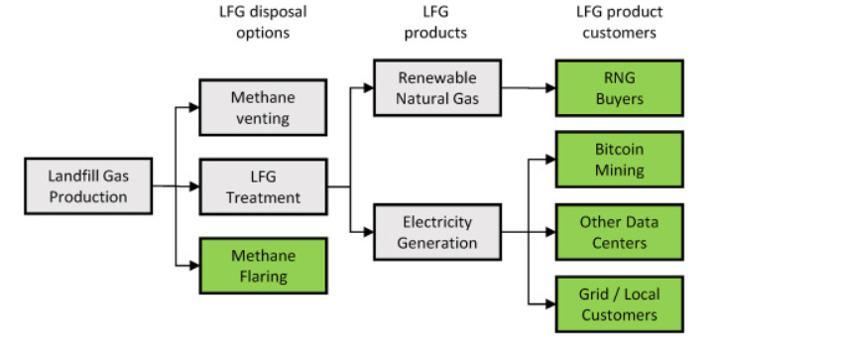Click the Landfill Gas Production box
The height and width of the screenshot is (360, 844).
point(88,185)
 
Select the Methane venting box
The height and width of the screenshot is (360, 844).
point(262,107)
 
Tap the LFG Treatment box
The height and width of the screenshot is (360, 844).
point(262,185)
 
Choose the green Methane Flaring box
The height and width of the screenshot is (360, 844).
point(262,265)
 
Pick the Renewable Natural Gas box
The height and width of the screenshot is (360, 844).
point(437,87)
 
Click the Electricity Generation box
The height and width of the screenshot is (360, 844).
point(437,231)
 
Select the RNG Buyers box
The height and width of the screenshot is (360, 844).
point(619,87)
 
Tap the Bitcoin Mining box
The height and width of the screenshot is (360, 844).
point(619,159)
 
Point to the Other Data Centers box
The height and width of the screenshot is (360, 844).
point(619,231)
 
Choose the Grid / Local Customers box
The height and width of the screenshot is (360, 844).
point(619,303)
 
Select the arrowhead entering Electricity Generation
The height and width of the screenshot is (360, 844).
point(369,231)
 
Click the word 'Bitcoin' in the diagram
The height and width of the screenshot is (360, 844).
point(619,150)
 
